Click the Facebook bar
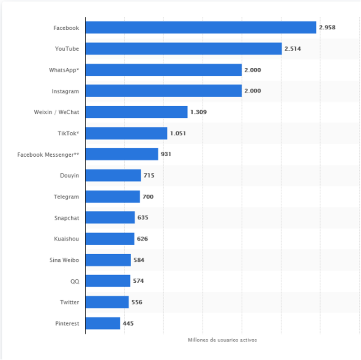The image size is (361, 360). click(x=200, y=28)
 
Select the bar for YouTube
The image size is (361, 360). click(x=183, y=49)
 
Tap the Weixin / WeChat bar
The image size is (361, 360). click(x=136, y=112)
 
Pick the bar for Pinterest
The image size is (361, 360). click(x=102, y=323)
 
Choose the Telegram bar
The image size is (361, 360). click(x=112, y=196)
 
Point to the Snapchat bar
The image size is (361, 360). click(x=110, y=218)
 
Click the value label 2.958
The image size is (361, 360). click(x=327, y=28)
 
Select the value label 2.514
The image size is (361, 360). click(x=292, y=49)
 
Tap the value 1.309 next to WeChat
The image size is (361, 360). click(x=199, y=112)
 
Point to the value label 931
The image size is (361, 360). click(x=166, y=154)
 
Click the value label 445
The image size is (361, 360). click(x=128, y=323)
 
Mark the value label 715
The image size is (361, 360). click(x=149, y=175)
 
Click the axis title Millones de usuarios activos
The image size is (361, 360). click(x=222, y=340)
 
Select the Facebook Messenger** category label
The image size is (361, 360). click(x=48, y=154)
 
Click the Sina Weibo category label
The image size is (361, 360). click(x=64, y=260)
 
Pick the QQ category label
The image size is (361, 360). click(x=74, y=281)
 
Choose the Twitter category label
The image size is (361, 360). click(x=69, y=302)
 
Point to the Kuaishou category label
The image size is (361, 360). click(x=66, y=238)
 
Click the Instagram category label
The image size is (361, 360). click(x=65, y=91)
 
